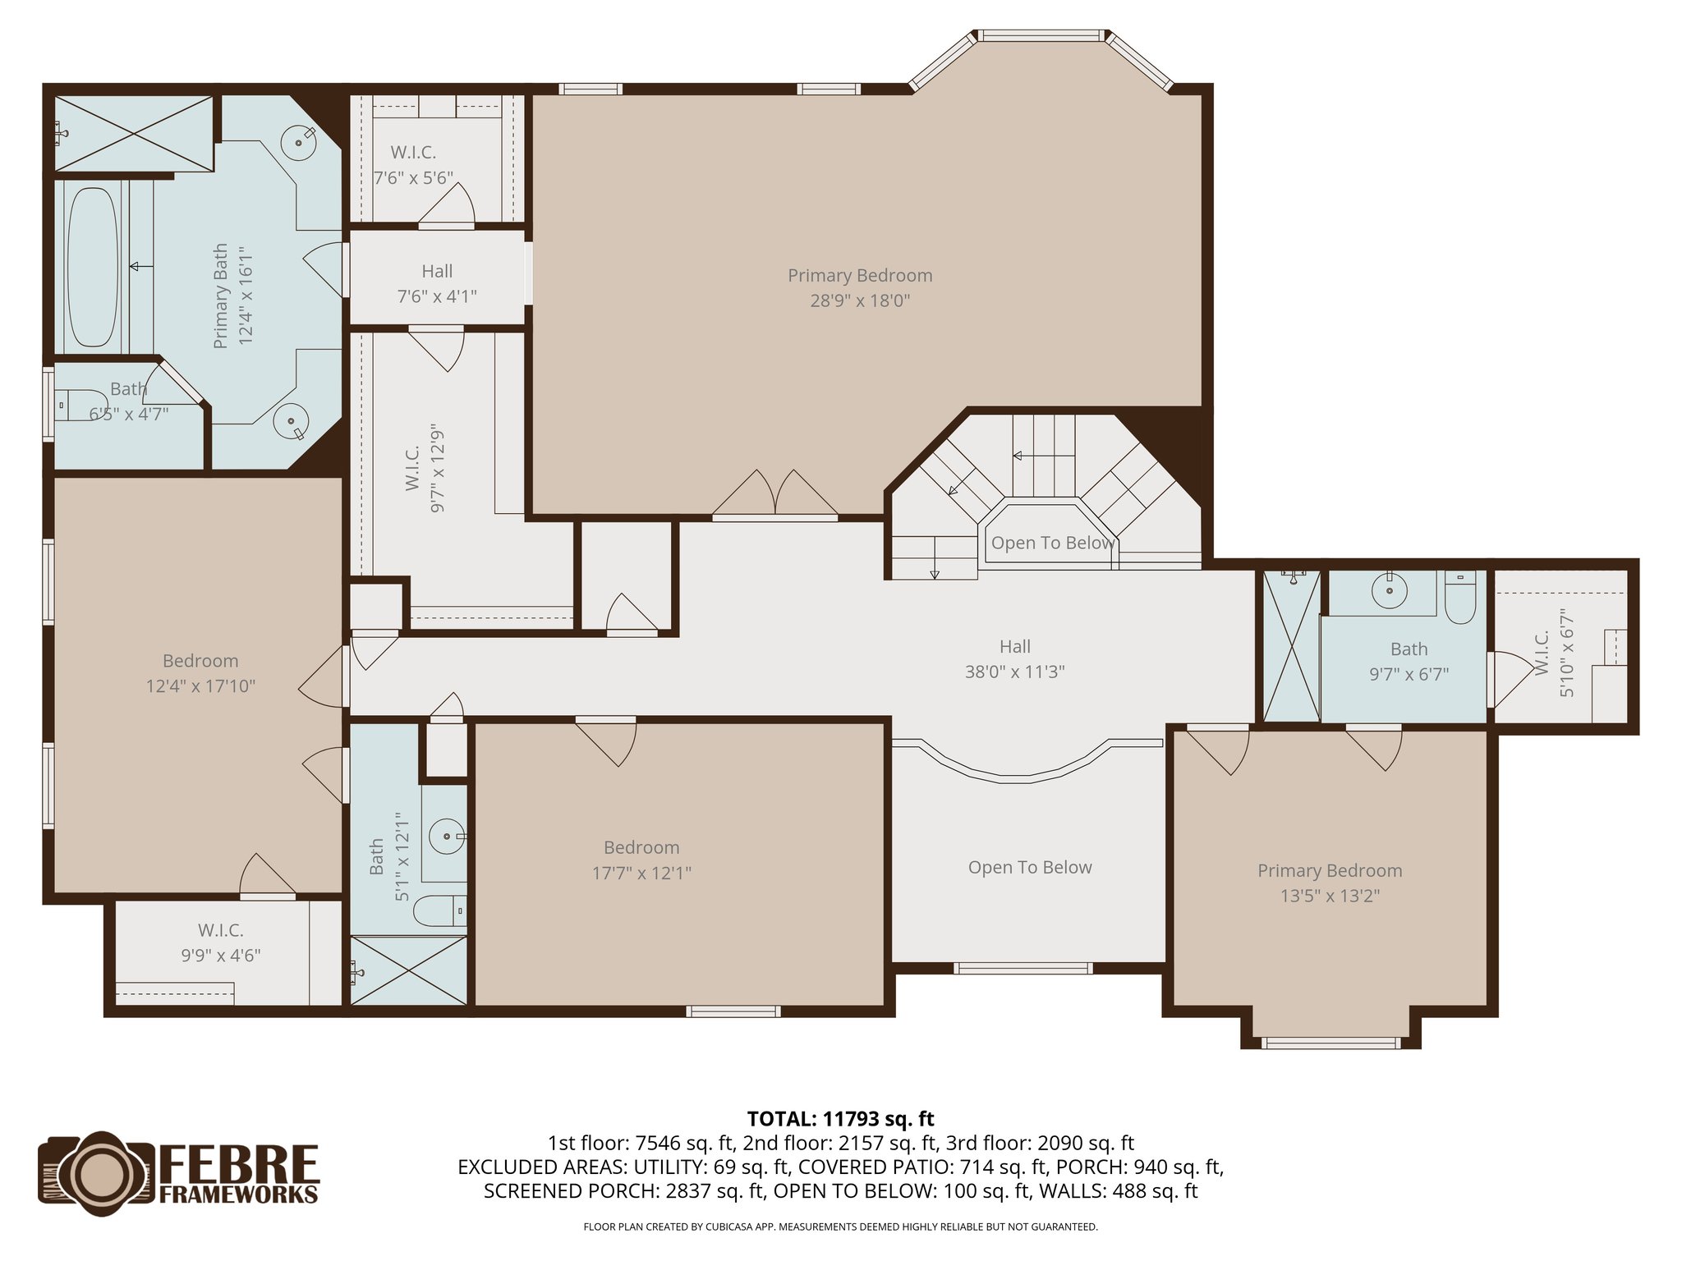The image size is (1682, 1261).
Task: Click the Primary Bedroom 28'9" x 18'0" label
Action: click(860, 287)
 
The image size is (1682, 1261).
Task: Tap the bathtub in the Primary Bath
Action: click(91, 267)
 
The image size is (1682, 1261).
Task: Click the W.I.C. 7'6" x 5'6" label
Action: click(413, 164)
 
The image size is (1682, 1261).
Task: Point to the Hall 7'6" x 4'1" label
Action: click(437, 283)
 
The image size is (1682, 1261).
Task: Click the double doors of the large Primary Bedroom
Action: click(774, 497)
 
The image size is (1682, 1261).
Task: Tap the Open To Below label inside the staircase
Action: click(1052, 543)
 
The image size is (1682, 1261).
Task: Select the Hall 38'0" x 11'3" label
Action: click(1015, 658)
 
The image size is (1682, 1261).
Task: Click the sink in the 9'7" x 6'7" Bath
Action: click(1389, 590)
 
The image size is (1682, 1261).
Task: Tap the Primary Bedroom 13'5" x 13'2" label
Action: click(1330, 883)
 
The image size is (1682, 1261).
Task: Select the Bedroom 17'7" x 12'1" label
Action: click(641, 860)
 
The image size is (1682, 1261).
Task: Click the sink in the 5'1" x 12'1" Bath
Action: click(448, 837)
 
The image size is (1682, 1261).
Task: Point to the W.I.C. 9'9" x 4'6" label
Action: click(221, 942)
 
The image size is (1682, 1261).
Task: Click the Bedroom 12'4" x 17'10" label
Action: click(200, 673)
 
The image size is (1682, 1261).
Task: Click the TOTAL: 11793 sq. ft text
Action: click(840, 1119)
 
